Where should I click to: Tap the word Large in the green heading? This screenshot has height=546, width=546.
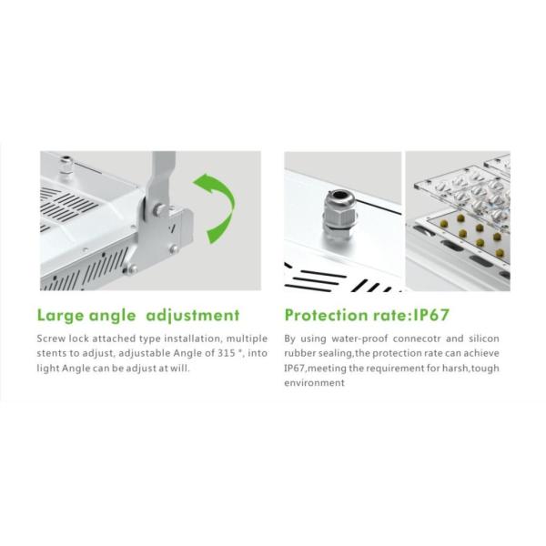pyautogui.click(x=61, y=316)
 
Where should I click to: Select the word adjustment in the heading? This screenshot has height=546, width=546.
pyautogui.click(x=193, y=316)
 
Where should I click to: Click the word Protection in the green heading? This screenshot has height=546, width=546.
pyautogui.click(x=327, y=315)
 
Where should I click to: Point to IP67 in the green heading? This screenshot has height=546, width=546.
pyautogui.click(x=430, y=315)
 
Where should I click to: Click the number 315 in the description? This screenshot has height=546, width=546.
pyautogui.click(x=227, y=353)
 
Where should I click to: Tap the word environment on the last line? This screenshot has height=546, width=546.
pyautogui.click(x=315, y=383)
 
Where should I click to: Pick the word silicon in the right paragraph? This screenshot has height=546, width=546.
pyautogui.click(x=484, y=339)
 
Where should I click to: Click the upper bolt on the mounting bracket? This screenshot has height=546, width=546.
pyautogui.click(x=159, y=209)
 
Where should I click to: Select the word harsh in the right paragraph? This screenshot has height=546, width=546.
pyautogui.click(x=455, y=368)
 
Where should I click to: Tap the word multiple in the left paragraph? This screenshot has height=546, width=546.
pyautogui.click(x=247, y=339)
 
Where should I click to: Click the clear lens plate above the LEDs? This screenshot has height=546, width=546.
pyautogui.click(x=463, y=191)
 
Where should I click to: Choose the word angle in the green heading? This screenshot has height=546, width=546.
pyautogui.click(x=112, y=317)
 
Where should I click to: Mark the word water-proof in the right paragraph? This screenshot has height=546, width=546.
pyautogui.click(x=359, y=339)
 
